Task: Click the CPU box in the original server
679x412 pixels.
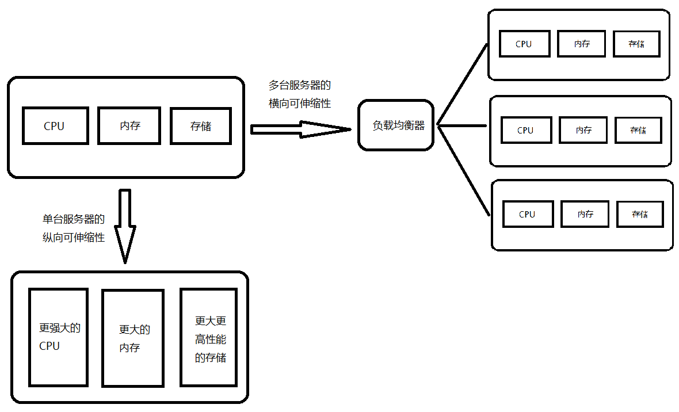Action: pos(55,125)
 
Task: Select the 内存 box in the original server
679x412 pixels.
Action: pos(129,125)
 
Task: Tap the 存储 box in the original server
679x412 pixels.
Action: pos(200,125)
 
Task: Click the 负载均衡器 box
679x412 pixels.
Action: pos(395,125)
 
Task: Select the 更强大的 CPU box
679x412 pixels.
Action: pos(58,337)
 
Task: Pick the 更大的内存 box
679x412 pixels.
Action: pos(133,338)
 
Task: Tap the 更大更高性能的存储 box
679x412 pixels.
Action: pos(208,338)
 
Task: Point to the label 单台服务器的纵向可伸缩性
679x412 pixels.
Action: pos(74,228)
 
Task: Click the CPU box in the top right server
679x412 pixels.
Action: pos(524,44)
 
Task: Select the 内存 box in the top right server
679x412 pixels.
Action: pos(582,44)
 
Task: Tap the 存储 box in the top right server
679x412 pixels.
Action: pos(636,44)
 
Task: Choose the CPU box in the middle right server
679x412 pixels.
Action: pos(526,130)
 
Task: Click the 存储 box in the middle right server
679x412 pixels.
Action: pos(638,130)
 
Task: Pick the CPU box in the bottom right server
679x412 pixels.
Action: pos(528,214)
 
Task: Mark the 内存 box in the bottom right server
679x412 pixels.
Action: pos(585,214)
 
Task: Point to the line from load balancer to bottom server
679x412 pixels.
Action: pos(464,170)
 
